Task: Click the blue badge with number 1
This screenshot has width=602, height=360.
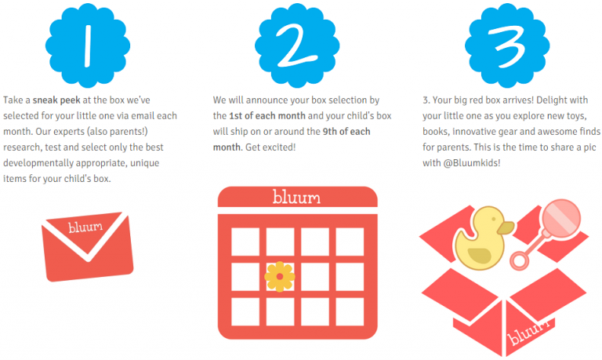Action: (88, 45)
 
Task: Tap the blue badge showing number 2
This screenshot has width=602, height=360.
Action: (297, 45)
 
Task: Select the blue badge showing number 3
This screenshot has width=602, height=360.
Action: (507, 45)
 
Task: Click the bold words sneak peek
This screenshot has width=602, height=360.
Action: (56, 100)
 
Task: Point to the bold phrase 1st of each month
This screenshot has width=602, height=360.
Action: (267, 115)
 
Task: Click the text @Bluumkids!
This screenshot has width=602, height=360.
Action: (472, 163)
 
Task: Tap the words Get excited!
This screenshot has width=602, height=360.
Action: (270, 147)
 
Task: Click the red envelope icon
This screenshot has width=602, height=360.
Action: (88, 246)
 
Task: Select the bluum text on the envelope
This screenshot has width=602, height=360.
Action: (85, 227)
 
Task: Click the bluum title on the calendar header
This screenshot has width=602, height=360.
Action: (296, 197)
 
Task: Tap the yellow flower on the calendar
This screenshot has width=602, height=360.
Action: (280, 277)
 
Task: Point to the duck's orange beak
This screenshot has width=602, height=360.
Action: (506, 227)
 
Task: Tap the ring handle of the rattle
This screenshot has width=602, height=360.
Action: (520, 260)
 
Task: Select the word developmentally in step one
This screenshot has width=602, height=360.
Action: (38, 163)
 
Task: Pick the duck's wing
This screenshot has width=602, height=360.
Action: (480, 256)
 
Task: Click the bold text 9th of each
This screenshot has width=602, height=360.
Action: (346, 132)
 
